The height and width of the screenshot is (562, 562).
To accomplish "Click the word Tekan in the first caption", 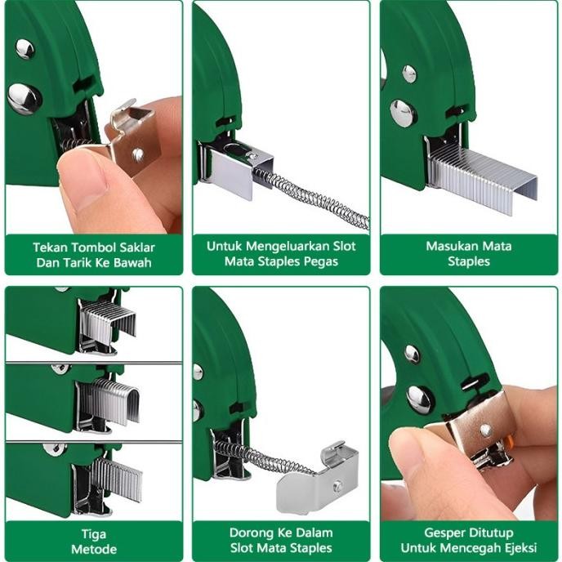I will click(50, 246).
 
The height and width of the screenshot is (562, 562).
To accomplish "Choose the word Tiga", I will click(94, 533).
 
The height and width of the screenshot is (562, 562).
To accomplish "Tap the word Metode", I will click(94, 549).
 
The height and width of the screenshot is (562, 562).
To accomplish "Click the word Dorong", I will click(249, 533).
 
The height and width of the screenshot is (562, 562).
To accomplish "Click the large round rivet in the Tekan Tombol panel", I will click(25, 98).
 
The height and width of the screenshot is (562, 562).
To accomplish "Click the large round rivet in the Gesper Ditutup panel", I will click(420, 399).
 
